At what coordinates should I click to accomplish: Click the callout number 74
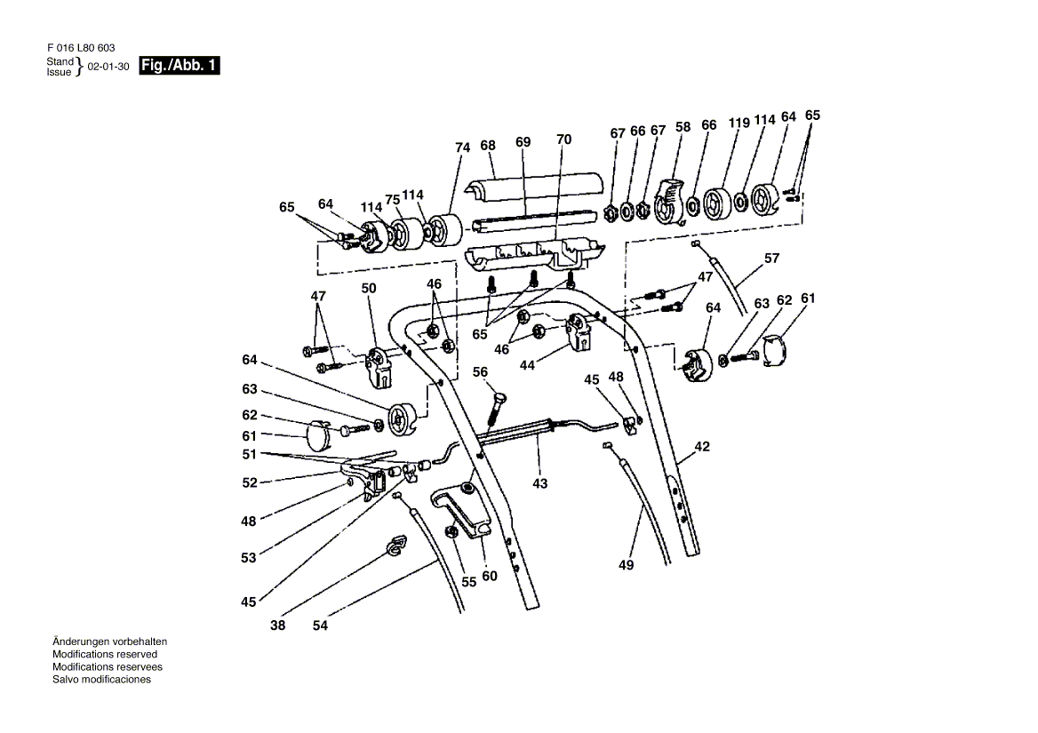coord(462,149)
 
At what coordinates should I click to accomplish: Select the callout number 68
coord(487,145)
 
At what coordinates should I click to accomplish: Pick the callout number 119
coord(739,123)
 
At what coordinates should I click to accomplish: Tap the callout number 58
coord(683,127)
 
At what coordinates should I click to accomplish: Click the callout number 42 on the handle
coord(702,448)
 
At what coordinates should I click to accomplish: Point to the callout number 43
coord(540,483)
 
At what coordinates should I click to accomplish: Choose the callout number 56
coord(481,372)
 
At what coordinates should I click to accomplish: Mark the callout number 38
coord(278,625)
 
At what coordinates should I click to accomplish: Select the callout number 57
coord(771,259)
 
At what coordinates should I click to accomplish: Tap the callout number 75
coord(393,200)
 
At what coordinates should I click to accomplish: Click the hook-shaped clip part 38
coord(394,547)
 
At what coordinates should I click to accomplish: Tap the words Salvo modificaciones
coord(102,680)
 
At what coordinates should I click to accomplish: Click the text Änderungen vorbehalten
coord(109,641)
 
